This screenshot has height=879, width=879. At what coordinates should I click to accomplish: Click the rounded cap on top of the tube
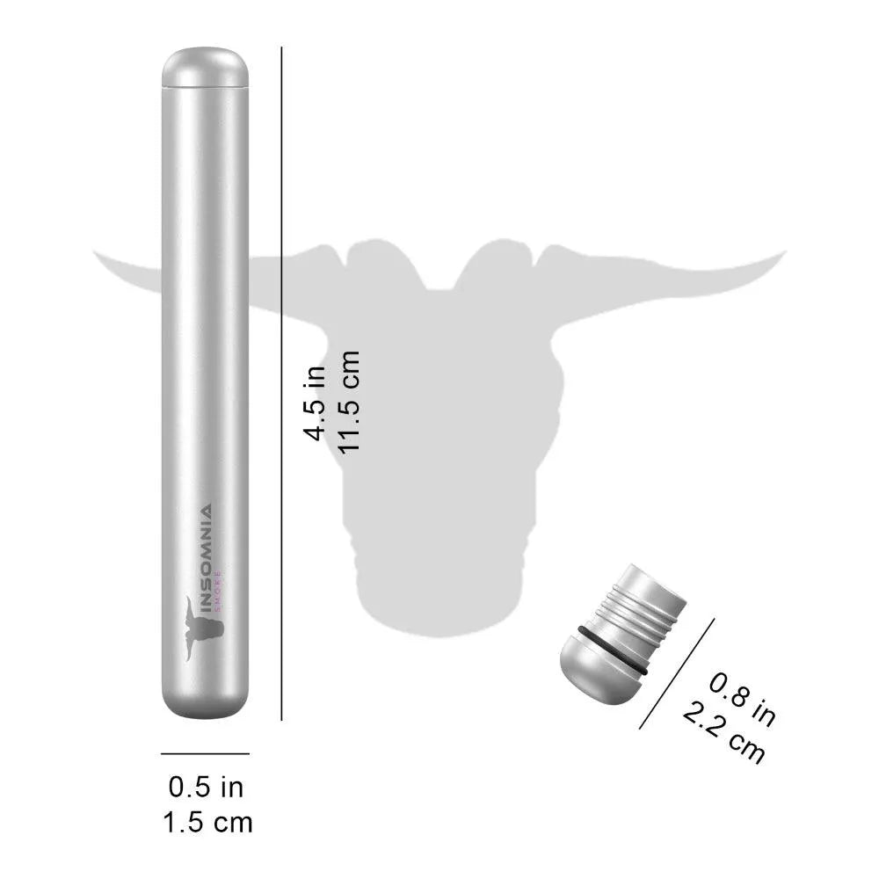[x=205, y=68]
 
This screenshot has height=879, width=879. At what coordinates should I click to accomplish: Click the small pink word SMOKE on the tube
[x=219, y=590]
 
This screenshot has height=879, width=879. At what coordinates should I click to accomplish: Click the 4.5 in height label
[x=315, y=403]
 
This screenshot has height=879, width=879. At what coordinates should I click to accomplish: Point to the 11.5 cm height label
[x=348, y=402]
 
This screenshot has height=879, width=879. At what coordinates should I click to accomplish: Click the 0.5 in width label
[x=206, y=787]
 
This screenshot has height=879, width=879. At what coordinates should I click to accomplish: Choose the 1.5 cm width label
[x=207, y=823]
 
